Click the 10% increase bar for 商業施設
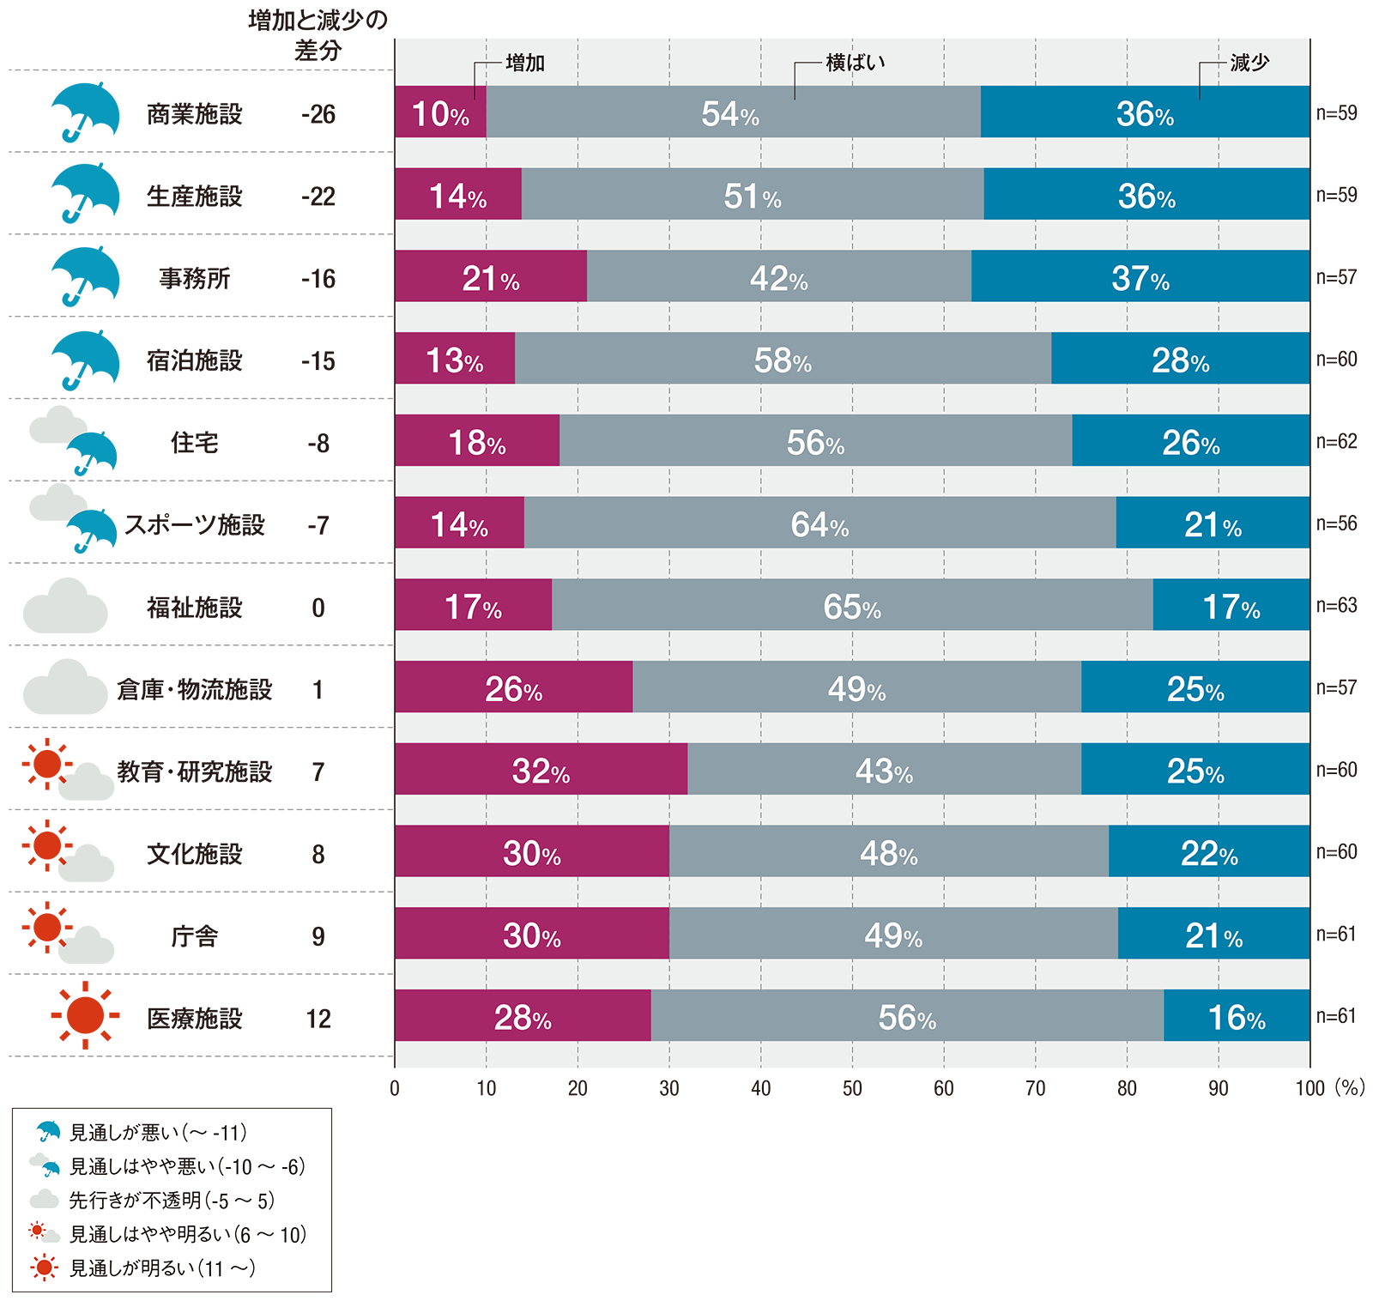click(440, 112)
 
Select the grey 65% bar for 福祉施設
click(852, 605)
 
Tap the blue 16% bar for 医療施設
click(1237, 1016)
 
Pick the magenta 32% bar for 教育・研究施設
click(541, 770)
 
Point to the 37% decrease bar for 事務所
click(1140, 276)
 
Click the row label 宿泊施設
click(195, 360)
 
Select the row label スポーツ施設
click(195, 524)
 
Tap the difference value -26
click(318, 114)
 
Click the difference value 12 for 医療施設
click(318, 1019)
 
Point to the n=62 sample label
click(1337, 441)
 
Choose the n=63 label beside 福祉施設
click(1337, 605)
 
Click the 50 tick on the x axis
click(852, 1088)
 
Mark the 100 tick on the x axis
click(1310, 1088)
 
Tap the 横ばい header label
click(855, 63)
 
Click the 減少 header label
click(1249, 63)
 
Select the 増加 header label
click(525, 63)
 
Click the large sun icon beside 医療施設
click(85, 1016)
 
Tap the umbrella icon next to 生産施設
click(84, 192)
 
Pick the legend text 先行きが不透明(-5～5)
click(172, 1201)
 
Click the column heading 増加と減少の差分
click(318, 35)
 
